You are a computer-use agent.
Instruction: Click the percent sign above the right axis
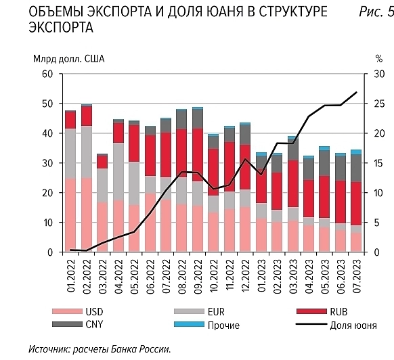pyautogui.click(x=370, y=59)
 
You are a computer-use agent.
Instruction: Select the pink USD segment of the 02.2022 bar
pyautogui.click(x=86, y=215)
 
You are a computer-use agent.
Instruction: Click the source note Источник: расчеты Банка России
pyautogui.click(x=100, y=349)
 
